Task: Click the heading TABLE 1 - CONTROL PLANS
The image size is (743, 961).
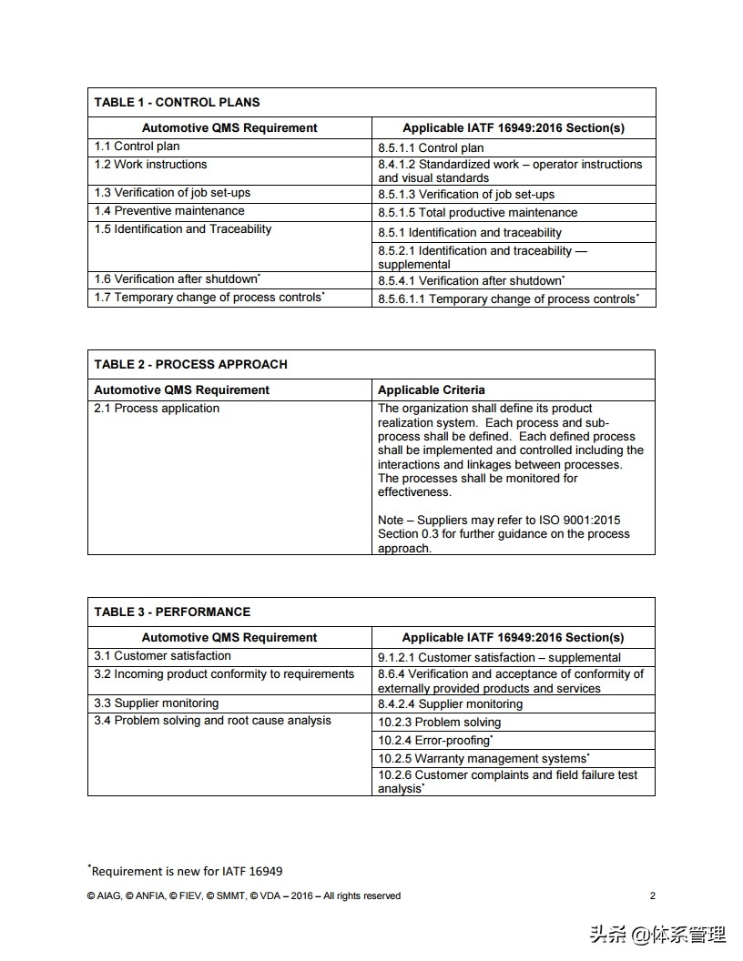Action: pyautogui.click(x=177, y=102)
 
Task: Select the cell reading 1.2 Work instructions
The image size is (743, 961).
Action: pyautogui.click(x=150, y=165)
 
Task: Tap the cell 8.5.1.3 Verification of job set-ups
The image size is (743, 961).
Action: pyautogui.click(x=465, y=194)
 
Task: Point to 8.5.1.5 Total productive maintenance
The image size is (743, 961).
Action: pyautogui.click(x=477, y=212)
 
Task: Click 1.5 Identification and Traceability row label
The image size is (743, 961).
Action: pyautogui.click(x=183, y=229)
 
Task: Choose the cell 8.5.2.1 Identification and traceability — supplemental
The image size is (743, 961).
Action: pyautogui.click(x=483, y=257)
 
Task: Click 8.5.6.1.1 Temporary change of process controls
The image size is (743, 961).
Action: pyautogui.click(x=508, y=298)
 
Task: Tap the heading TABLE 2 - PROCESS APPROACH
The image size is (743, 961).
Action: pyautogui.click(x=190, y=364)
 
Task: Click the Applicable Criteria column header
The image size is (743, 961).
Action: pyautogui.click(x=432, y=389)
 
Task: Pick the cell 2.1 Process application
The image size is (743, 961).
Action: pyautogui.click(x=157, y=409)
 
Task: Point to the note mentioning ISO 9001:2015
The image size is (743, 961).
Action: pyautogui.click(x=504, y=534)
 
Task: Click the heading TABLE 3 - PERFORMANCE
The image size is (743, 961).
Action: pyautogui.click(x=172, y=612)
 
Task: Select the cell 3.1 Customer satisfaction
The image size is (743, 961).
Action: pyautogui.click(x=163, y=656)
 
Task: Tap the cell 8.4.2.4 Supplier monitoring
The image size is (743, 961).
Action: pyautogui.click(x=450, y=703)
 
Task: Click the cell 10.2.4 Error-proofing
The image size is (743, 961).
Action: pyautogui.click(x=435, y=740)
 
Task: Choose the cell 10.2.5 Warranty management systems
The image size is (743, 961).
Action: pyautogui.click(x=483, y=758)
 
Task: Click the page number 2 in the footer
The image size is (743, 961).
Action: pyautogui.click(x=652, y=895)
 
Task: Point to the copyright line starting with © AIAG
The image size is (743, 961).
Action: pyautogui.click(x=243, y=895)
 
